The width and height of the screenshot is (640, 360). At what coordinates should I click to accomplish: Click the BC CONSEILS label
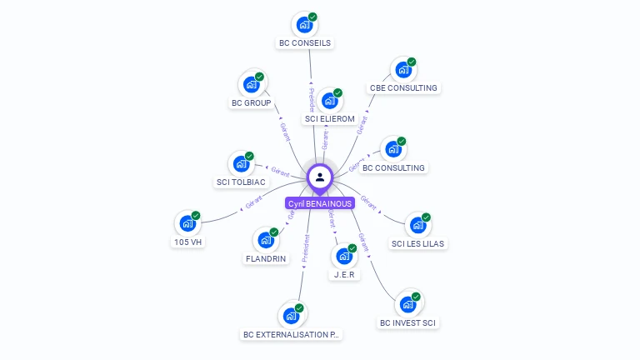(x=305, y=42)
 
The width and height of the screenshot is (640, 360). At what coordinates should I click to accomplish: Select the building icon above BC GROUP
(x=251, y=84)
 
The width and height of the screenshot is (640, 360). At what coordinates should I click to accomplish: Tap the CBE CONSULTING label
(x=403, y=87)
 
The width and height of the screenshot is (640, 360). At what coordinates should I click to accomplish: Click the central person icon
(x=320, y=177)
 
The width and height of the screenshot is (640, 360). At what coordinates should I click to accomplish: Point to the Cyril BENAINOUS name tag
(x=320, y=203)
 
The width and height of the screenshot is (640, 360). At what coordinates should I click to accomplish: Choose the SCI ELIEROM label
(x=330, y=119)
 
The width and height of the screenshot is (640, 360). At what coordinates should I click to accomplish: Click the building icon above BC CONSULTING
(x=392, y=150)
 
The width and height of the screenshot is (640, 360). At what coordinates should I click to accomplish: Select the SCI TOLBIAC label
(x=241, y=182)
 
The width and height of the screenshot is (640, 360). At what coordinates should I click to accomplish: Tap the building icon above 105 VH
(x=187, y=223)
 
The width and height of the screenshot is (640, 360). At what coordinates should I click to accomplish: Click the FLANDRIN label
(x=266, y=258)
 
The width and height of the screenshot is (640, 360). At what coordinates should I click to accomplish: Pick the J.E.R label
(x=345, y=274)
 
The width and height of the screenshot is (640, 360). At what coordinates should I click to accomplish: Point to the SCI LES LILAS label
(x=418, y=244)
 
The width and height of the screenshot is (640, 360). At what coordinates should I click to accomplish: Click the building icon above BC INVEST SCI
(x=407, y=304)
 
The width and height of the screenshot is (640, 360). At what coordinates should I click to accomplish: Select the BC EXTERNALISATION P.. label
(x=292, y=334)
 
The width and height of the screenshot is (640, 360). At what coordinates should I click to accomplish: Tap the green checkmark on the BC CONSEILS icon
(x=312, y=17)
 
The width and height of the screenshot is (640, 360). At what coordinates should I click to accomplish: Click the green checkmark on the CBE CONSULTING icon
(x=412, y=62)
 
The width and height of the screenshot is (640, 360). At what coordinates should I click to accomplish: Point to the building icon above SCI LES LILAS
(x=417, y=225)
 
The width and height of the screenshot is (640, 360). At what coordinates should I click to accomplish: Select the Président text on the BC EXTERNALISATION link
(x=305, y=248)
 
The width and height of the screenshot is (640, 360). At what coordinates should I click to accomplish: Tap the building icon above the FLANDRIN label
(x=266, y=240)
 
